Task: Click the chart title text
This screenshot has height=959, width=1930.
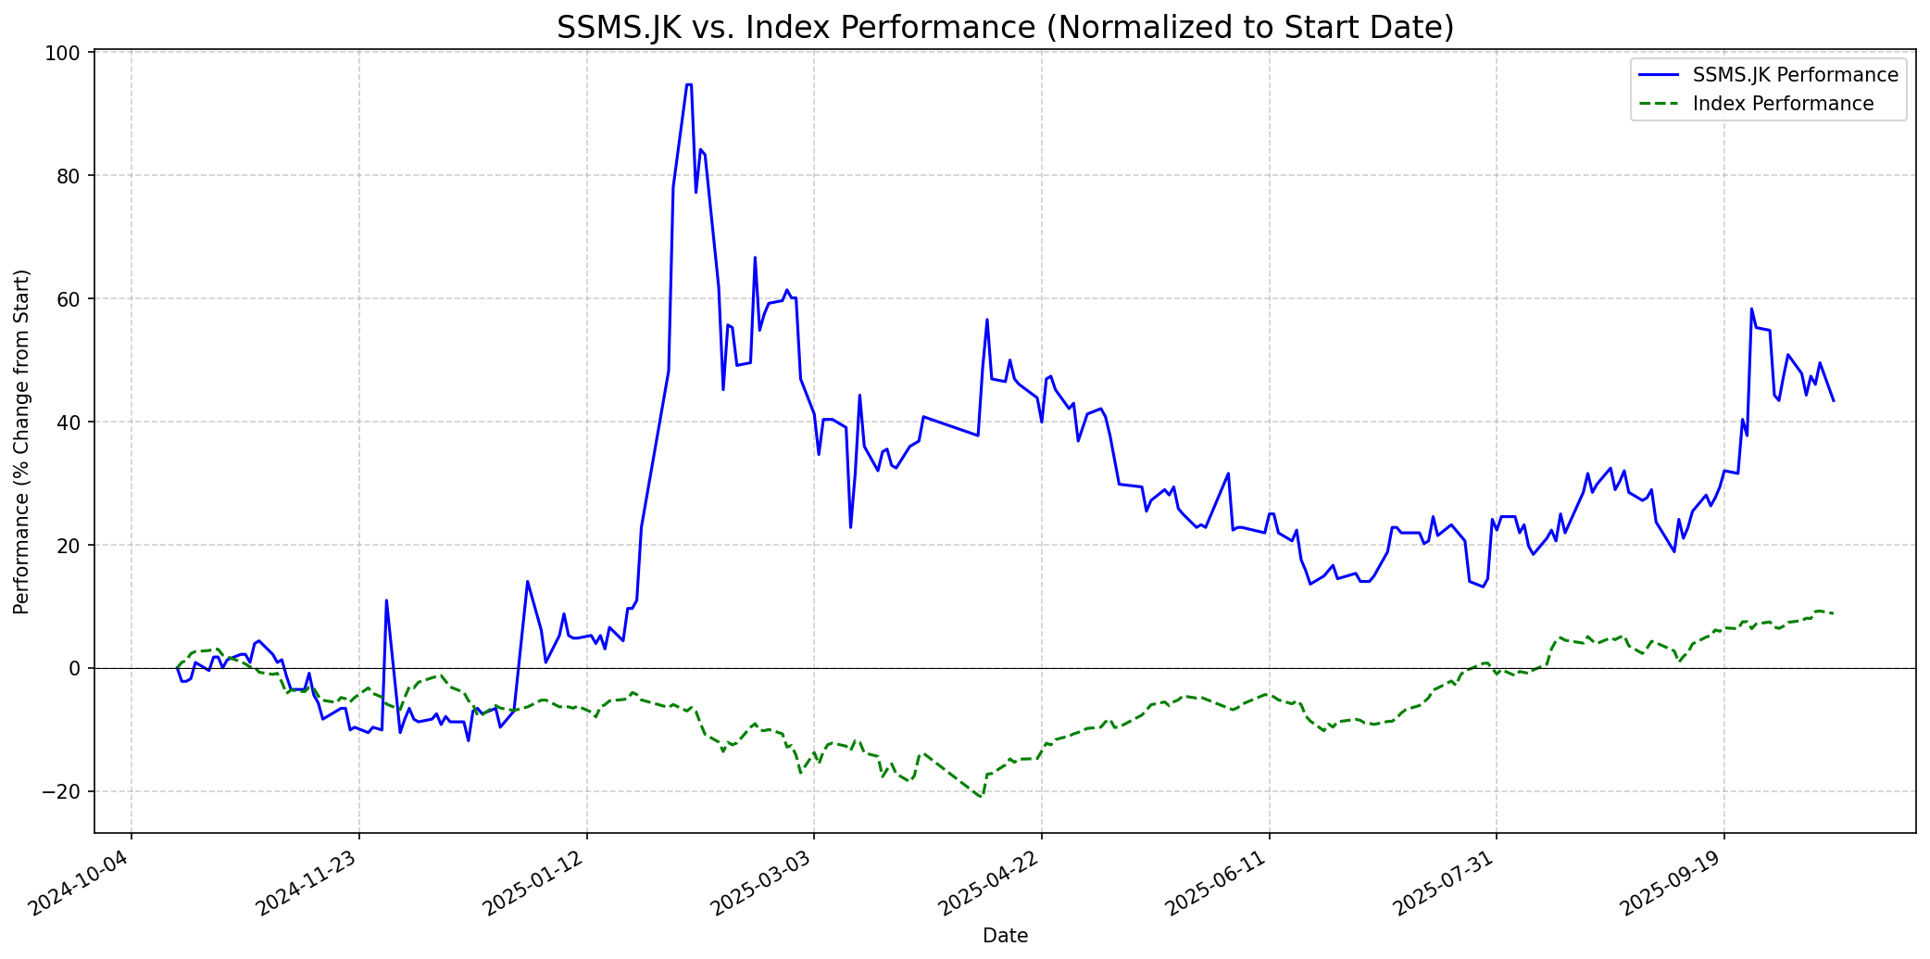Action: pos(1005,28)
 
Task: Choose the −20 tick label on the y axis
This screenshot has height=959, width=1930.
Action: pos(64,792)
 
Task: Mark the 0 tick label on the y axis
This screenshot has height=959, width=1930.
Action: pos(77,669)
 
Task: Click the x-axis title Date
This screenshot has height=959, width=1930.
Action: pos(1005,936)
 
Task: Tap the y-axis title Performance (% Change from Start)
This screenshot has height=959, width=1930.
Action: pos(22,441)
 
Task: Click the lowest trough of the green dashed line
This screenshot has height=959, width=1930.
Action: pos(981,797)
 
